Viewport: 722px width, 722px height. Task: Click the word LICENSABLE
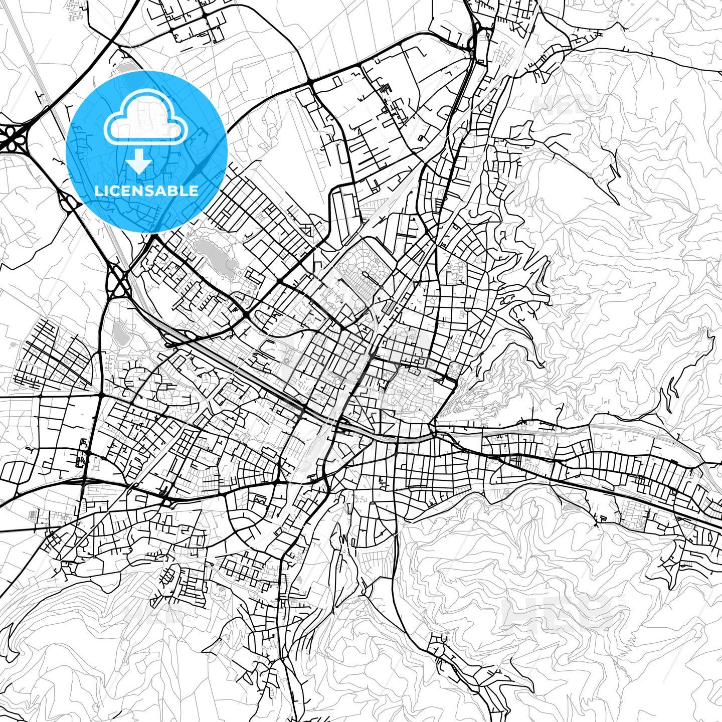(x=146, y=191)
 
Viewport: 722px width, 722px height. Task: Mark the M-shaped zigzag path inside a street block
(x=259, y=500)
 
